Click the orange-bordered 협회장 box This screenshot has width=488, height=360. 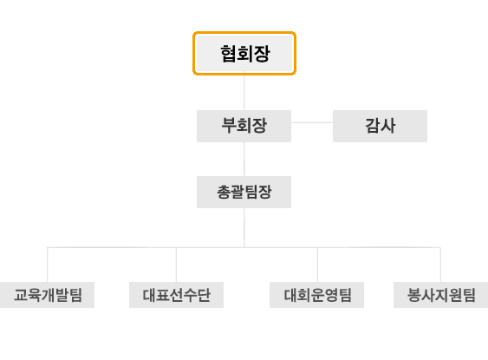(x=244, y=53)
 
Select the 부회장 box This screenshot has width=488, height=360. (x=244, y=126)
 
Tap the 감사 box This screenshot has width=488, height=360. (x=380, y=126)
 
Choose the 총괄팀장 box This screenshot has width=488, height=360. (x=244, y=193)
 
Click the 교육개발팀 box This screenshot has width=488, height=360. (x=47, y=295)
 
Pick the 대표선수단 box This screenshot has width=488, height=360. (x=177, y=295)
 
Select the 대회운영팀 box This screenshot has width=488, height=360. (x=317, y=295)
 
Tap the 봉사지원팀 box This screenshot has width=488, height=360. (x=440, y=295)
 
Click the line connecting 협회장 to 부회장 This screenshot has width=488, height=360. (x=244, y=93)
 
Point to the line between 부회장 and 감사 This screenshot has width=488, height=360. (x=312, y=122)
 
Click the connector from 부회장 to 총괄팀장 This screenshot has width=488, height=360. (x=244, y=159)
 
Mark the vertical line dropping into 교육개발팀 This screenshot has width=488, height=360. (x=48, y=265)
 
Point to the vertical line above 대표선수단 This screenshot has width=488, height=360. (x=177, y=265)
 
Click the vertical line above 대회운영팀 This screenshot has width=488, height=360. (x=317, y=265)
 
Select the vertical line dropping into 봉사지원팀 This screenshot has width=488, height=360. (x=440, y=265)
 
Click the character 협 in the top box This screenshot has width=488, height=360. (x=229, y=54)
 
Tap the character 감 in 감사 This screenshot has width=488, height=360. (x=373, y=126)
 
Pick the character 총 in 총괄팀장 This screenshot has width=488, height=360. (x=224, y=192)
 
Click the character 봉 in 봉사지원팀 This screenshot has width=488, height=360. (x=414, y=295)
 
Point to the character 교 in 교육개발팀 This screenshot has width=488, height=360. (x=21, y=295)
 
